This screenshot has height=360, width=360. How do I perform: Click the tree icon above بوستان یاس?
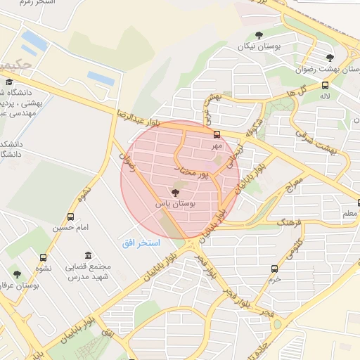coord(175,192)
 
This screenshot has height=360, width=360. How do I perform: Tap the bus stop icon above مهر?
coord(217,134)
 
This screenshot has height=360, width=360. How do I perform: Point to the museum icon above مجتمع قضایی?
coord(87,256)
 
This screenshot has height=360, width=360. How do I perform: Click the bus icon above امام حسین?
coord(70,217)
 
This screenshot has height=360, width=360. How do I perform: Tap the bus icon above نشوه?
coord(44,257)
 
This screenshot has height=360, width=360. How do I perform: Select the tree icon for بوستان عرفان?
coord(17,274)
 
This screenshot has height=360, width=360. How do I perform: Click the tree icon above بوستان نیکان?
coord(259,34)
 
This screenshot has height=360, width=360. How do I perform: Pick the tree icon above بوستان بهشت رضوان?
coord(330,58)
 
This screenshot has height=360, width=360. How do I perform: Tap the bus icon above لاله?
coord(325,84)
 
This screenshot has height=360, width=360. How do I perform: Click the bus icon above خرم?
coord(274,269)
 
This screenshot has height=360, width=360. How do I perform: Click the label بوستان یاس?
coord(175,203)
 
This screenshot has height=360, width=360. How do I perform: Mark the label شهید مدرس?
coord(89,277)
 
